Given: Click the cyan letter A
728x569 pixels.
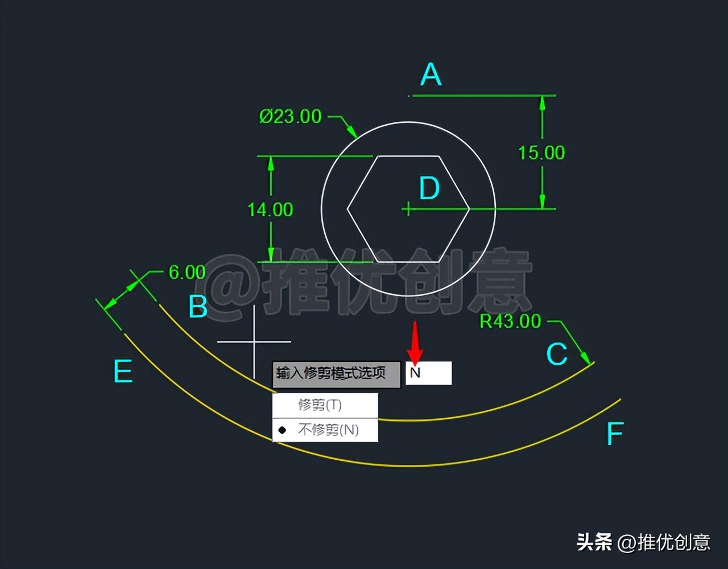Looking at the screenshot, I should [431, 75].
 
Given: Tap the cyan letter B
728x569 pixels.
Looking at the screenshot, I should [198, 307].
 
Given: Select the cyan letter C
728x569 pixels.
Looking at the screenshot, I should [557, 354].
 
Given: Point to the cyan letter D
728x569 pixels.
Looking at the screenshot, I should [429, 188].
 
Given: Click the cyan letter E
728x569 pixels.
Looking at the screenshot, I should [123, 372].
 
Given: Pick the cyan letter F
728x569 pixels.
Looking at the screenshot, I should [615, 434].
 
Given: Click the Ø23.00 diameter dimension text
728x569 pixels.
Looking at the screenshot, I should [291, 117].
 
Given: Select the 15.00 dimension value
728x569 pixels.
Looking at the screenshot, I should [541, 152].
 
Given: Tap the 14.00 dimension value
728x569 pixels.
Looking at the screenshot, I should [270, 210].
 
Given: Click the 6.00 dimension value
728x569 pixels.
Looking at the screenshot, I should [187, 272].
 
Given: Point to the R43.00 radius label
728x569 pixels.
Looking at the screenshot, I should [510, 321].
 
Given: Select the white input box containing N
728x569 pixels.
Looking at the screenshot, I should [428, 373].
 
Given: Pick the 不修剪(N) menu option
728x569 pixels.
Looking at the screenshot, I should [328, 430].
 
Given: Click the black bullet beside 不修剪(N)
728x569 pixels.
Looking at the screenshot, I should [282, 430].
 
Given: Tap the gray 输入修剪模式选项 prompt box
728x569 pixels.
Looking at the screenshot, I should [336, 374].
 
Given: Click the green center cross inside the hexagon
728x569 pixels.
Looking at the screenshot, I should [408, 209].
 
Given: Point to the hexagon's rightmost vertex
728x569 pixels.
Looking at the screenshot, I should [469, 209].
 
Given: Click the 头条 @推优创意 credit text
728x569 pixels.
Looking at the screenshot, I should [643, 542].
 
